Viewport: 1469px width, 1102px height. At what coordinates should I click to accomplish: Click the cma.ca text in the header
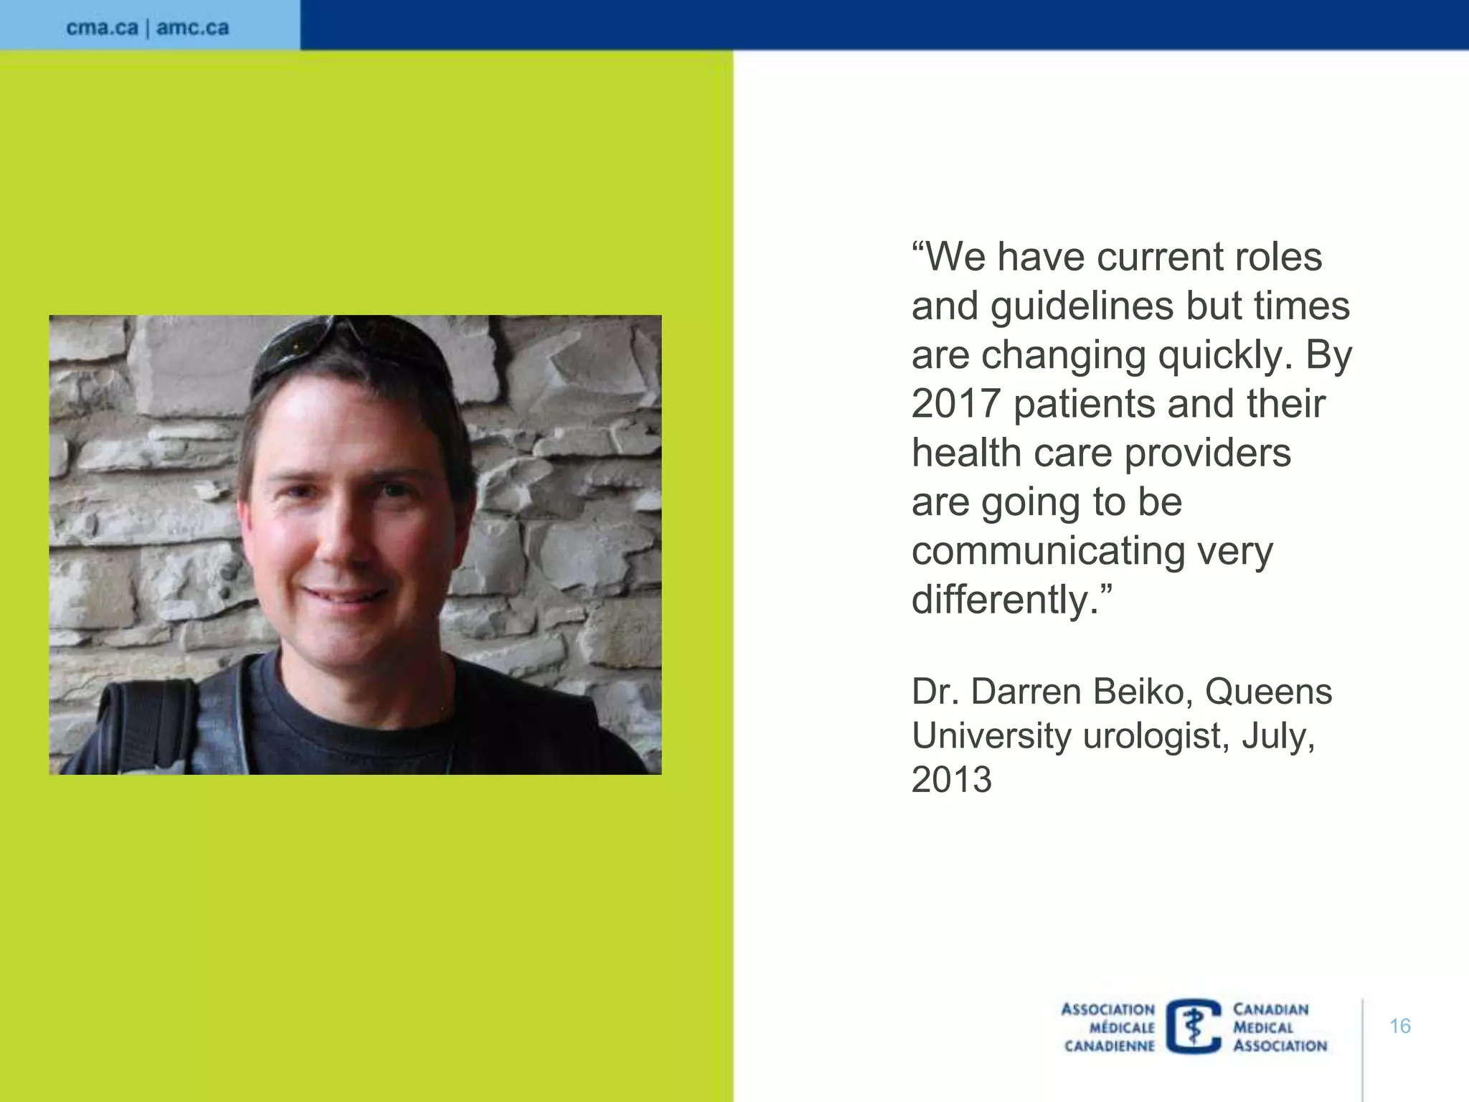(x=102, y=28)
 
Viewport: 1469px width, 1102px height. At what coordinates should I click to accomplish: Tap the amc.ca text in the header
(x=192, y=28)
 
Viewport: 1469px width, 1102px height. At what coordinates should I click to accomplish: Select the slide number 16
(x=1399, y=1026)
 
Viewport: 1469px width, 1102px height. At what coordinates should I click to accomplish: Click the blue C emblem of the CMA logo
(x=1194, y=1027)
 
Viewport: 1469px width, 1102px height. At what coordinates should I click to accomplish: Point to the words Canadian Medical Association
(x=1280, y=1027)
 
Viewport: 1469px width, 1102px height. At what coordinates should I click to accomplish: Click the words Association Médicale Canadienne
(x=1109, y=1027)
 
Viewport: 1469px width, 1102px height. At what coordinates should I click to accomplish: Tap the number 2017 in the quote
(x=955, y=403)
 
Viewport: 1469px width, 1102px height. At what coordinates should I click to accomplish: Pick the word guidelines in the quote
(x=1082, y=306)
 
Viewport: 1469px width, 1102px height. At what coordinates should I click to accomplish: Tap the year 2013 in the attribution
(x=951, y=780)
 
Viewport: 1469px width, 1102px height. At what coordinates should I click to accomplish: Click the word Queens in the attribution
(x=1268, y=692)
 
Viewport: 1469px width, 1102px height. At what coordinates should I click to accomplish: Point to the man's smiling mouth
(x=344, y=595)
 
